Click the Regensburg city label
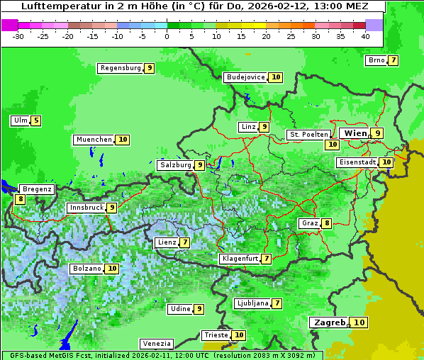[120, 68]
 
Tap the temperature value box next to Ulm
[36, 120]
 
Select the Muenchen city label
[94, 140]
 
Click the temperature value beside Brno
[393, 60]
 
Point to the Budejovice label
[245, 77]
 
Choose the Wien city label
[355, 133]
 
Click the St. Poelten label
[308, 134]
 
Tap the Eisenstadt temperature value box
[386, 162]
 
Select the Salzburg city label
[175, 165]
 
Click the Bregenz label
[37, 189]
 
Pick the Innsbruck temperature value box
[112, 208]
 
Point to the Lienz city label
[167, 242]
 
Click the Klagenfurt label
[239, 259]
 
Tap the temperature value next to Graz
[326, 223]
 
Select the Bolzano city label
[87, 269]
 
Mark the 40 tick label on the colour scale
[365, 36]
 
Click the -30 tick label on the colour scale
[18, 36]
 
